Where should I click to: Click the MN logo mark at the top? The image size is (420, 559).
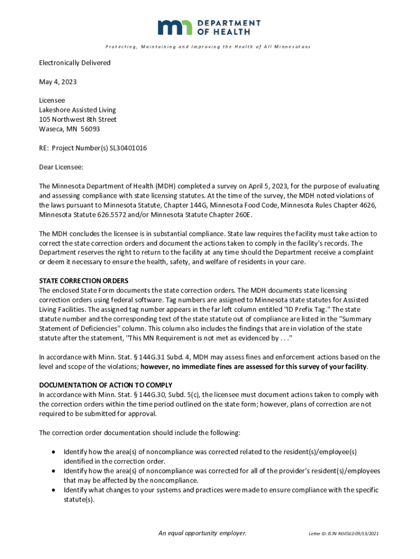click(x=175, y=27)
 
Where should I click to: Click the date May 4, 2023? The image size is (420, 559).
click(x=58, y=82)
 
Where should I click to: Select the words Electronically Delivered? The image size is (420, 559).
click(x=75, y=63)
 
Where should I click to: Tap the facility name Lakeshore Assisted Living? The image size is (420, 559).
click(x=77, y=110)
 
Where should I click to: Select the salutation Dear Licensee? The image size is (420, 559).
click(x=61, y=167)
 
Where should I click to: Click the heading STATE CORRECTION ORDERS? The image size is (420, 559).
click(x=83, y=281)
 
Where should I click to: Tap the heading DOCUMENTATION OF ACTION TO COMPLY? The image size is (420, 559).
click(x=106, y=385)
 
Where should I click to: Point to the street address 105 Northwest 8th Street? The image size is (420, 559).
click(x=77, y=120)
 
